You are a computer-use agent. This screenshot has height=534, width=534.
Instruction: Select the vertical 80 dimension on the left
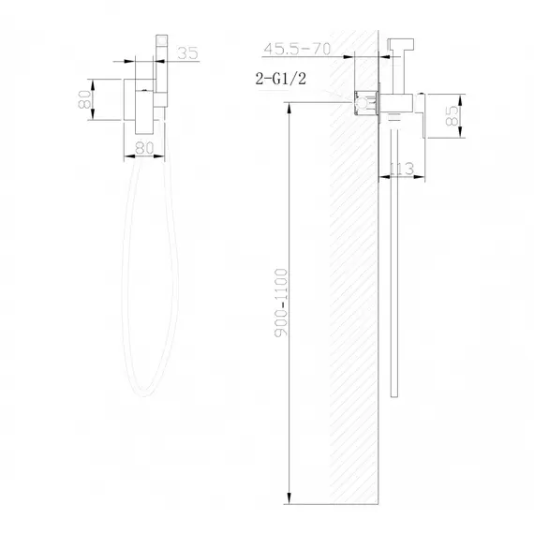tap(83, 97)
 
